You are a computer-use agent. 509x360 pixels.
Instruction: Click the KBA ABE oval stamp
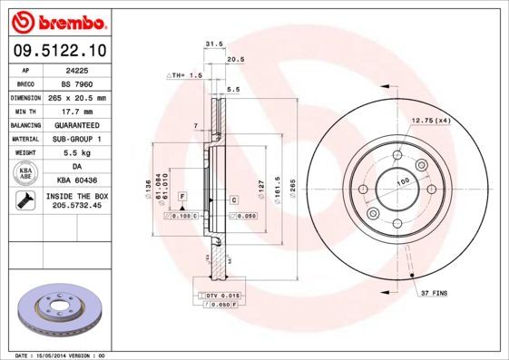click(x=26, y=174)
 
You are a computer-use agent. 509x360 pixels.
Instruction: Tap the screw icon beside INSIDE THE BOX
click(x=25, y=202)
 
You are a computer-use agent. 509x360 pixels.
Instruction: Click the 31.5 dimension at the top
click(x=214, y=44)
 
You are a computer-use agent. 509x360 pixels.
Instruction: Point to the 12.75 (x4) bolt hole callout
click(x=431, y=121)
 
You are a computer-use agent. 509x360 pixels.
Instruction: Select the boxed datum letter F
click(x=182, y=196)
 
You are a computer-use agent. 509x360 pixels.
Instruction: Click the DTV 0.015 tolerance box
click(x=219, y=296)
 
